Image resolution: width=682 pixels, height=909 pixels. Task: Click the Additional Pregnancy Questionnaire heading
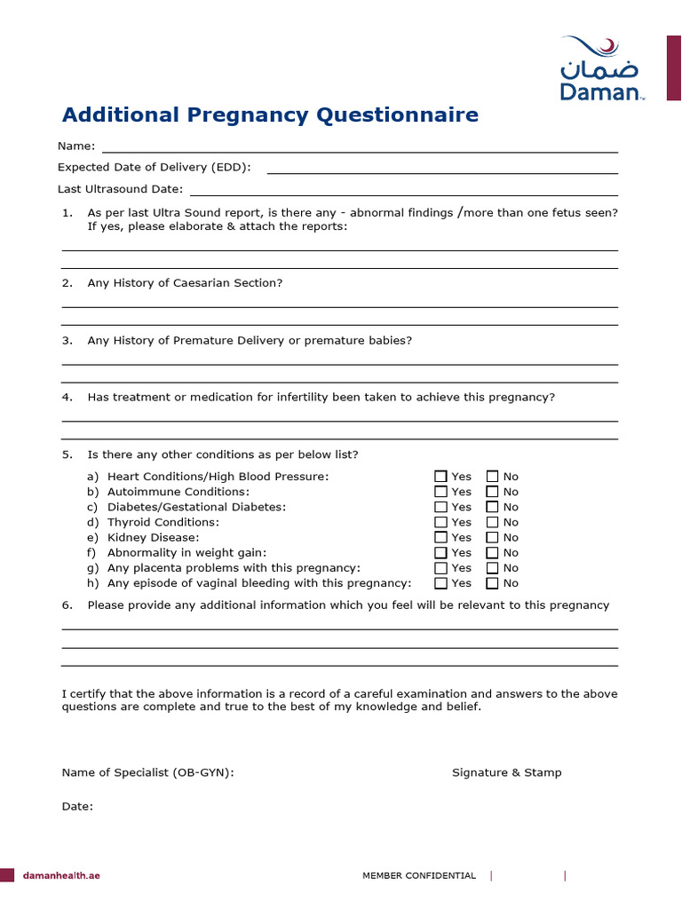(270, 115)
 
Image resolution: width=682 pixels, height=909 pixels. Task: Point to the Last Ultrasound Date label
(121, 189)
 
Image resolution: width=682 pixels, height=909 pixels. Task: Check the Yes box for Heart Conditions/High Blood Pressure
(440, 477)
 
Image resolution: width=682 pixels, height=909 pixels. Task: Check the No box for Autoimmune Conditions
(493, 492)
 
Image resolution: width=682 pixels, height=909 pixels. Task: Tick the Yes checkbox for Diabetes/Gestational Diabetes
(440, 507)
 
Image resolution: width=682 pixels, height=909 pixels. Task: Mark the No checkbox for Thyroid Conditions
(493, 522)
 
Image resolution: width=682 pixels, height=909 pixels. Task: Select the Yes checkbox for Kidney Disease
(440, 537)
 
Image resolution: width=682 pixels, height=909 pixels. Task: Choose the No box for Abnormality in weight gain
(493, 553)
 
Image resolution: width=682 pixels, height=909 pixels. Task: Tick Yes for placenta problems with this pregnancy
(440, 568)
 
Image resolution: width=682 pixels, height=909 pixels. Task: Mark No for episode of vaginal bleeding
(493, 583)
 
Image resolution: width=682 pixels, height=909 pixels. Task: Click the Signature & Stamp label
(507, 772)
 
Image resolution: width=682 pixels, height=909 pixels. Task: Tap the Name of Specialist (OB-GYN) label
(147, 772)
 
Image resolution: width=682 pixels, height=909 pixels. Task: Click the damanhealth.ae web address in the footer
(61, 875)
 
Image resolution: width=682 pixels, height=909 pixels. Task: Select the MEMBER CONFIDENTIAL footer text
(419, 876)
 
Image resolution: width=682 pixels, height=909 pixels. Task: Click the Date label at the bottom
(77, 806)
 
